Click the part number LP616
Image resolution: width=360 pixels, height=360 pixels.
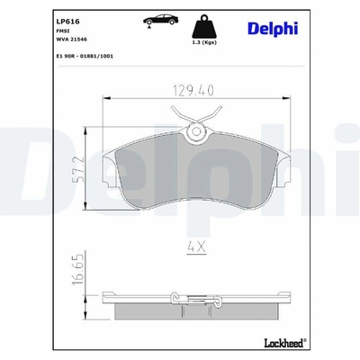tap(68, 22)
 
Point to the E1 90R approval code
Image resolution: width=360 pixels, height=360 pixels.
tap(85, 56)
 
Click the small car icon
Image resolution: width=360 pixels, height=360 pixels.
tap(160, 20)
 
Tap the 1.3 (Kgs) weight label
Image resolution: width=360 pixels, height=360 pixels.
tap(204, 42)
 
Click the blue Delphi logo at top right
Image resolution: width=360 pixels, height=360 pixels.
tap(273, 29)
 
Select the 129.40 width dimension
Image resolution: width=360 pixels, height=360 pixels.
tap(193, 90)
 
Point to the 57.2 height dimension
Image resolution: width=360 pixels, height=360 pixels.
tap(78, 169)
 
